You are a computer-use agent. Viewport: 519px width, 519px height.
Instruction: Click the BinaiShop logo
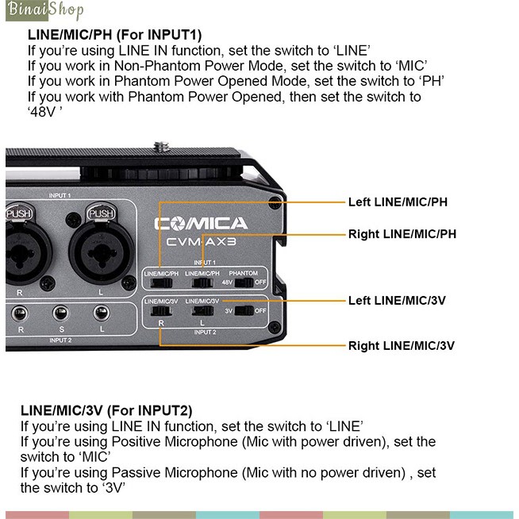44,10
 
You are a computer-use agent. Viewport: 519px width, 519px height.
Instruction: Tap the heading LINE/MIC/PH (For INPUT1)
114,34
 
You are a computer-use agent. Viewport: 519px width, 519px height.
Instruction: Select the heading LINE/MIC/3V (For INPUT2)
106,410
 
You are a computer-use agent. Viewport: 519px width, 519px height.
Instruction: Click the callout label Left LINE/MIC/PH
398,202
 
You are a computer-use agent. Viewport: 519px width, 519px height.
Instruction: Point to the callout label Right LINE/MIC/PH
402,234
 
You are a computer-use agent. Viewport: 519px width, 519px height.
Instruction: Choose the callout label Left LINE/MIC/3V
397,301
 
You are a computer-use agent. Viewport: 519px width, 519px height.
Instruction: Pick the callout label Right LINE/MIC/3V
402,346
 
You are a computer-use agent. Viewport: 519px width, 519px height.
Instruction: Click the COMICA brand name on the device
201,224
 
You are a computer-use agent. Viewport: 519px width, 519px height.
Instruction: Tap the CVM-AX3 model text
202,242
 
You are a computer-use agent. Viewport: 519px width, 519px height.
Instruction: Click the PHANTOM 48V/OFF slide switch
244,283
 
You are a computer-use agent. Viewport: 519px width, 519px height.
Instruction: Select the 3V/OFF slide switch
244,311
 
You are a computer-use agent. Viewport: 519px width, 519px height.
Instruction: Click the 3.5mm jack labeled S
61,313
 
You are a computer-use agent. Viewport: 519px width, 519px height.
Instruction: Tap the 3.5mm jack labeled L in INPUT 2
102,313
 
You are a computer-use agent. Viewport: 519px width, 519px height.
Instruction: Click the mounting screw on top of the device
162,146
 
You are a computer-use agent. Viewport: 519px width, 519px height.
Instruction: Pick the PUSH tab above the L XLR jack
101,213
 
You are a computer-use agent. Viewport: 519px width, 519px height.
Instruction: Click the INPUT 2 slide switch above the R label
161,311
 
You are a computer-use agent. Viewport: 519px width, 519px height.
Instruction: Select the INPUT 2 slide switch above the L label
202,311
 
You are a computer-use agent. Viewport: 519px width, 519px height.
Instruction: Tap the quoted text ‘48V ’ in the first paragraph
44,112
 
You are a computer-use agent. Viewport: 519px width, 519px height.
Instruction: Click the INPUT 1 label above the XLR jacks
60,196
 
